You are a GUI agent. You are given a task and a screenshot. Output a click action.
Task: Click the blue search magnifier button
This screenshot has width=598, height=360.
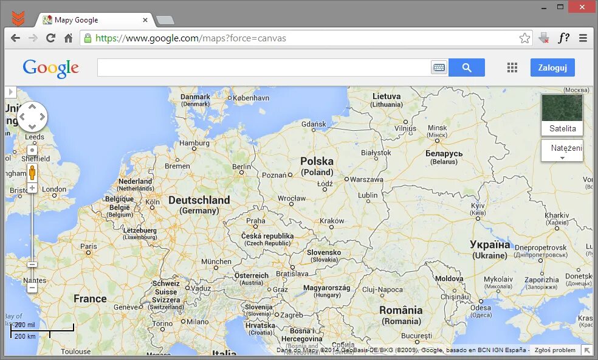coord(467,67)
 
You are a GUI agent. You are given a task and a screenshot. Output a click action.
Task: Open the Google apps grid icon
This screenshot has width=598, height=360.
coord(512,67)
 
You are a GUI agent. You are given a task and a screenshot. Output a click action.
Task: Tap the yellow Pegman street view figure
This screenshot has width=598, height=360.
coord(32,173)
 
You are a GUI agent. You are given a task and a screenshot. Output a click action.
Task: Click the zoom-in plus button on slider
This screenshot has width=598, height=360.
coord(32,188)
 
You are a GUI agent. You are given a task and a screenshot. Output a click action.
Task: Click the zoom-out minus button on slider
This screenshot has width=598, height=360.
coord(32,265)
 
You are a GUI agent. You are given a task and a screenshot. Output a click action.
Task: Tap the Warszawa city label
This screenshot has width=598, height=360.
coord(366,179)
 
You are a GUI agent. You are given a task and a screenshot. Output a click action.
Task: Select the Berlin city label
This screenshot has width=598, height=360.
coord(241,167)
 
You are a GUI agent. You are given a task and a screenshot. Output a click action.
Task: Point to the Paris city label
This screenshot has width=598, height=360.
coord(88,247)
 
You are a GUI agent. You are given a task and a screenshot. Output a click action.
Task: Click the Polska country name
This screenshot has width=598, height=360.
coord(317,161)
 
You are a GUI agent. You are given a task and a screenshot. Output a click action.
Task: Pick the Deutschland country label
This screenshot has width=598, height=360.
coord(199,200)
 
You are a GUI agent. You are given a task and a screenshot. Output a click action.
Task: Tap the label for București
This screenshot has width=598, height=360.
coord(416,336)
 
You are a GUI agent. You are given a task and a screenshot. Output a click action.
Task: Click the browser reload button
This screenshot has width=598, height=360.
coord(50,38)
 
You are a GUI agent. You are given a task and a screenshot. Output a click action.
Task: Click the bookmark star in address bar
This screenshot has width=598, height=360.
coord(524,38)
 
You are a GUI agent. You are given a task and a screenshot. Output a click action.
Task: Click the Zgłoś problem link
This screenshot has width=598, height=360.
coord(555,350)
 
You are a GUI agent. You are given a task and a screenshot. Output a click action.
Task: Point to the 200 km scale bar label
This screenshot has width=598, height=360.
coord(25,336)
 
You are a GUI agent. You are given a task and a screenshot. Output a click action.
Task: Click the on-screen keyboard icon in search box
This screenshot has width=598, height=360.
coord(439,67)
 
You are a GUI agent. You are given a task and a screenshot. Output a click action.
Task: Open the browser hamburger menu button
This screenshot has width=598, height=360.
coord(583,38)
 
